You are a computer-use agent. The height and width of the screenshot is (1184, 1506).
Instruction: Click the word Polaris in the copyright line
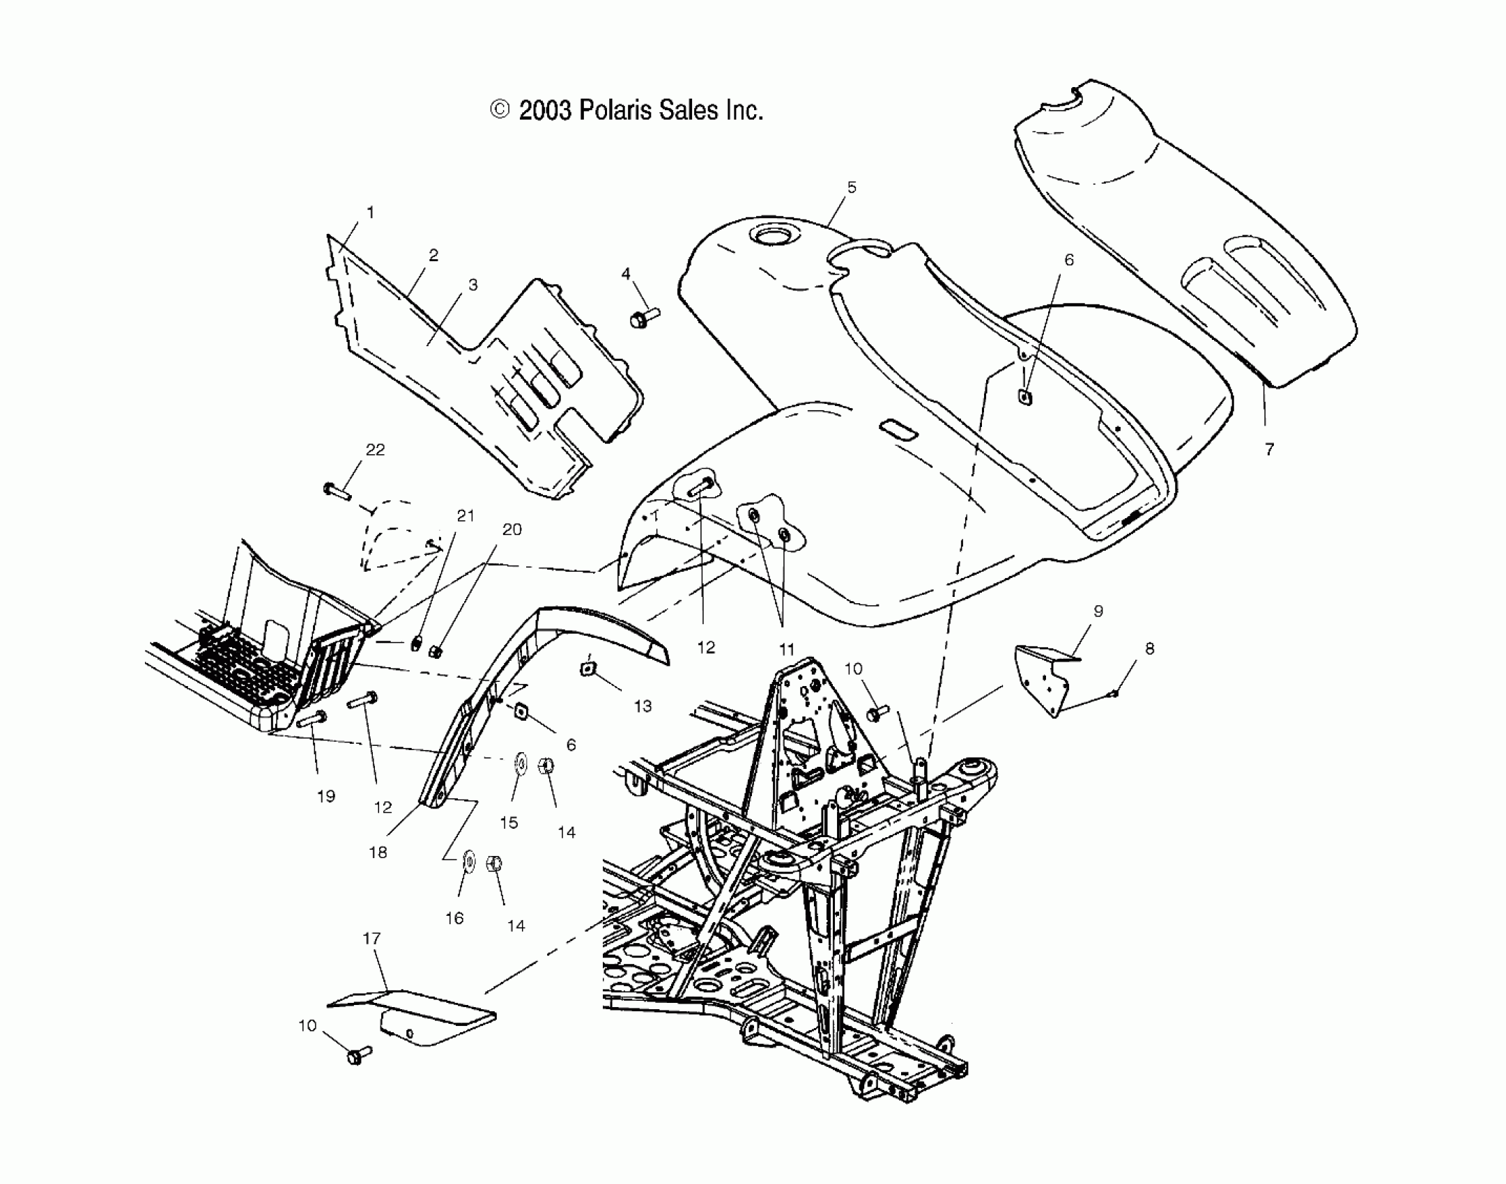click(616, 111)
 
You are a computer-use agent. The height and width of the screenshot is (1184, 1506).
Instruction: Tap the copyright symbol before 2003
click(500, 110)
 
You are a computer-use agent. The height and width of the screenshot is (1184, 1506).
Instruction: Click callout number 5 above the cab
click(852, 187)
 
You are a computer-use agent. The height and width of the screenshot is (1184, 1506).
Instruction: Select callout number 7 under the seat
click(1269, 450)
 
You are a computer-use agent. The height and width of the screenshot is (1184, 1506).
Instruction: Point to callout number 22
click(375, 450)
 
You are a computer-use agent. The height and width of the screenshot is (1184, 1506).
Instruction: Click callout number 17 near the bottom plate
click(372, 939)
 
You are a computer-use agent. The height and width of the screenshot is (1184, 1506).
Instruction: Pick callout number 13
click(643, 706)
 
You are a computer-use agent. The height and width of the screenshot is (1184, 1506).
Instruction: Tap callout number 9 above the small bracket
click(1098, 612)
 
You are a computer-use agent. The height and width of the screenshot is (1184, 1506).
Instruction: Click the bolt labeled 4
click(643, 319)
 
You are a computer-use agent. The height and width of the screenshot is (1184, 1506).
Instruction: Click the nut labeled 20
click(435, 651)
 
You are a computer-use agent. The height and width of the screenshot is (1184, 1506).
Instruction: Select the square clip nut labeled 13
click(587, 669)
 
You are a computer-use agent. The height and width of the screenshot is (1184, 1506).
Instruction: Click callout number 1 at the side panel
click(370, 212)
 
